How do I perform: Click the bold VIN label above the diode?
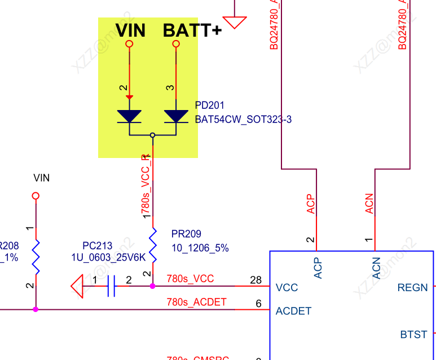130,30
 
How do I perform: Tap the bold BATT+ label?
192,30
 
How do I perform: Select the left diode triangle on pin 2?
129,116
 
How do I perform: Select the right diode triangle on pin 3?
176,116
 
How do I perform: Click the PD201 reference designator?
210,106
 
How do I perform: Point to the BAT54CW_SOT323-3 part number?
243,120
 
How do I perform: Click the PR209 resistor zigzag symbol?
152,244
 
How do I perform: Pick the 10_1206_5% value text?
200,248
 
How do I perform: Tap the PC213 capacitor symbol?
111,286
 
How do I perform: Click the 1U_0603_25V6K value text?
108,257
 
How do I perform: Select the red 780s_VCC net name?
190,279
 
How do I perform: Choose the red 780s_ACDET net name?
196,302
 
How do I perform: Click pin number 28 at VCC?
256,280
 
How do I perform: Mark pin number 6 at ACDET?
259,304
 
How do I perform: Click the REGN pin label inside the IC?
413,287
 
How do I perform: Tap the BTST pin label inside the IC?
413,334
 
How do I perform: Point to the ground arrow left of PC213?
78,286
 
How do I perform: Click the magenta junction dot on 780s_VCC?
152,286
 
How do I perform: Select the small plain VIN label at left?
42,178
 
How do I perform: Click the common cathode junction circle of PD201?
152,135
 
